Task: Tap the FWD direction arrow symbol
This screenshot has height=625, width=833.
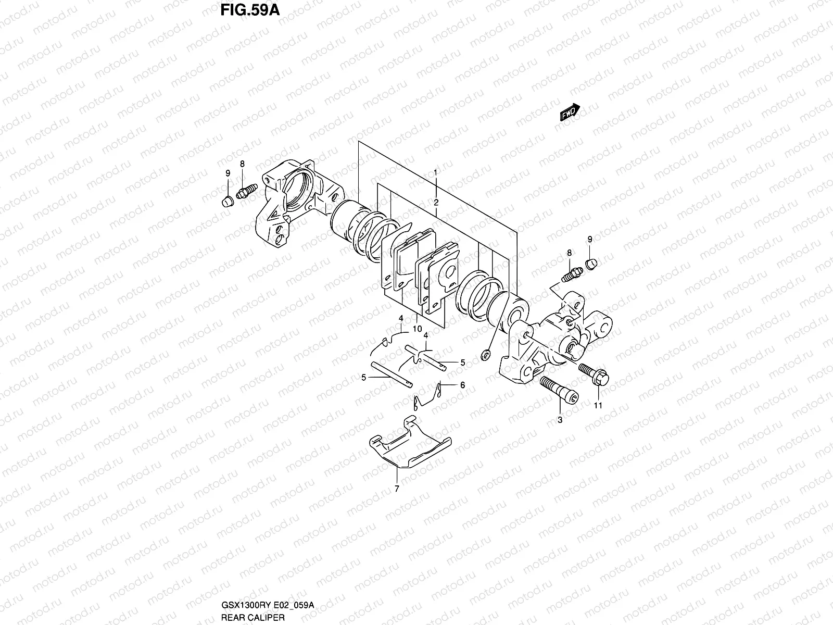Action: click(570, 112)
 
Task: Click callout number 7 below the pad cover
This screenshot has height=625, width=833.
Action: click(397, 489)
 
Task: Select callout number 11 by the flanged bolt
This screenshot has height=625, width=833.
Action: click(598, 406)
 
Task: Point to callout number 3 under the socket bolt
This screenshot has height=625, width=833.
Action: click(560, 420)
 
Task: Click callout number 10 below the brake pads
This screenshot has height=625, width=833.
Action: click(417, 329)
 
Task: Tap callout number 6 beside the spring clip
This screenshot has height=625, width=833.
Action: click(462, 385)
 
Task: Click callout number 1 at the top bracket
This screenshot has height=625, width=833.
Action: click(436, 172)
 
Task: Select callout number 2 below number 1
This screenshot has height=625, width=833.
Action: click(436, 202)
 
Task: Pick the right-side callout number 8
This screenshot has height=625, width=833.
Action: click(569, 253)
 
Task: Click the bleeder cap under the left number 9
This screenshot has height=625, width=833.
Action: click(227, 201)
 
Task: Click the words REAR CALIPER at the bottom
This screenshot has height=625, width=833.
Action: click(253, 617)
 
